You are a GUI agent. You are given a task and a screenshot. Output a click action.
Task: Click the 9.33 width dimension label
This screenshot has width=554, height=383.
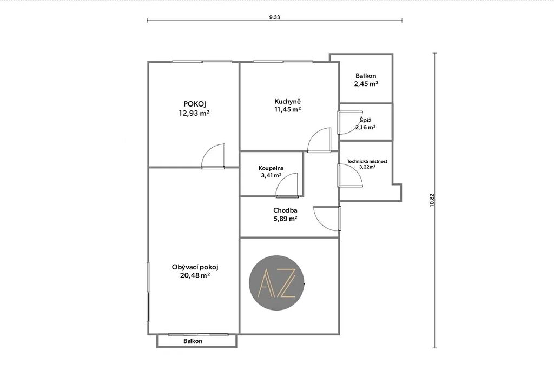pos(274,17)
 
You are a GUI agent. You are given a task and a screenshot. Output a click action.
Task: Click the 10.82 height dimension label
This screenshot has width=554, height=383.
pos(431,200)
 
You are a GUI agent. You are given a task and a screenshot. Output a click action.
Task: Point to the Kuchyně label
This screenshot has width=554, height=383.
pos(288,102)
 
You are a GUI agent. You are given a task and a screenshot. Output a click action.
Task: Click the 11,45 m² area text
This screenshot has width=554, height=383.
pos(288,109)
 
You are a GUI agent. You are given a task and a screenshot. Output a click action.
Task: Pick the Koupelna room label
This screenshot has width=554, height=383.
pos(271,168)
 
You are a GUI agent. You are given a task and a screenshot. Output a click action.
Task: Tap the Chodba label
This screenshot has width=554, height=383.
pos(285,210)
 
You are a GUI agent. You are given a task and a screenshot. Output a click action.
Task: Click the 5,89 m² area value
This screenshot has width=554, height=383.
pos(285,219)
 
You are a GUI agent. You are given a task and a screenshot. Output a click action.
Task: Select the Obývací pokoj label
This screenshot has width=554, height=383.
pos(195,267)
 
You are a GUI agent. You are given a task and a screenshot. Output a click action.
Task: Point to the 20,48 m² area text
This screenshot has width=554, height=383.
pos(195,275)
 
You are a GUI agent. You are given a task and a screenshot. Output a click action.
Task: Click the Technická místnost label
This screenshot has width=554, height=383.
pos(367,161)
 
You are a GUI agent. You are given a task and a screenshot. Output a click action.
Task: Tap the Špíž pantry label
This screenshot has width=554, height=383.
pos(366,120)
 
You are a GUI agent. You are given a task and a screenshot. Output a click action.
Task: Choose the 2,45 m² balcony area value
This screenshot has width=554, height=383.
pos(366,84)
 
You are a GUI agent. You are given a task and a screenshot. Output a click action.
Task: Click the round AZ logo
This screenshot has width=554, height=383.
pos(276,283)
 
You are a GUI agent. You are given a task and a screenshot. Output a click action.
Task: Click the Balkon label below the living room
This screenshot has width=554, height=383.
pos(193,341)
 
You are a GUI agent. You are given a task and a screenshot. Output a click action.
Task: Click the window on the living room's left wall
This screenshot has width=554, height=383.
pos(148,292)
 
